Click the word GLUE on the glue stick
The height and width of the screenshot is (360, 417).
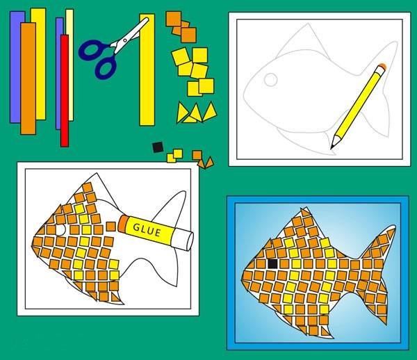click(x=147, y=230)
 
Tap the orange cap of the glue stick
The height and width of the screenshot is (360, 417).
click(x=122, y=223)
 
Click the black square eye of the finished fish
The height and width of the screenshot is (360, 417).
click(x=273, y=264)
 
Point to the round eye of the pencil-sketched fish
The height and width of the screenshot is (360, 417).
click(x=271, y=79)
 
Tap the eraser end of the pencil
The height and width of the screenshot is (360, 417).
click(x=382, y=67)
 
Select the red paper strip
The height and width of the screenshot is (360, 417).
click(x=65, y=90)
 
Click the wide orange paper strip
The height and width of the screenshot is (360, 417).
click(x=28, y=79)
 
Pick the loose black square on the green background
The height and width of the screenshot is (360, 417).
click(x=158, y=147)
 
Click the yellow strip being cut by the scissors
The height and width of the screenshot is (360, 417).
click(x=147, y=69)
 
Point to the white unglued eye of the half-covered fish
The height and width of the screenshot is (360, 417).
click(x=60, y=230)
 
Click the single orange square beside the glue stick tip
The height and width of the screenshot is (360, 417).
click(x=111, y=227)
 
